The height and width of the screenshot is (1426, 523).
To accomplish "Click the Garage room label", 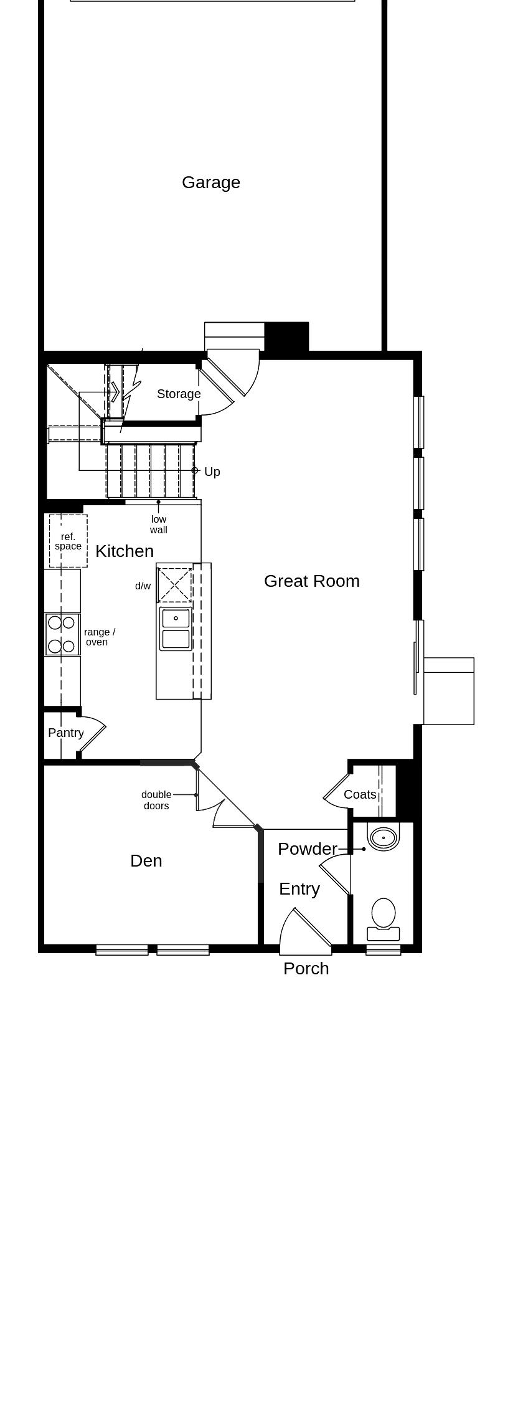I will (x=210, y=183).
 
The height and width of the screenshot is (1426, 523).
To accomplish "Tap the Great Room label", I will (x=311, y=581).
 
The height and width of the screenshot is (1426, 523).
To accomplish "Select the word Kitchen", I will (x=125, y=551).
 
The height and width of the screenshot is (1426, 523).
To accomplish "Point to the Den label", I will (x=146, y=861).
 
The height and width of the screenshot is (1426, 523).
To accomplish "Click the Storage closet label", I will (x=179, y=394).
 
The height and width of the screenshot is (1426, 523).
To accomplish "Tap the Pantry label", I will (x=66, y=733).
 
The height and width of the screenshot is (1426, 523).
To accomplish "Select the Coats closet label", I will (x=360, y=794).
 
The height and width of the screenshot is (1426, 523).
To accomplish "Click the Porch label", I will (x=306, y=969).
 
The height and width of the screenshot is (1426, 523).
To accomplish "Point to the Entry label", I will (x=299, y=889).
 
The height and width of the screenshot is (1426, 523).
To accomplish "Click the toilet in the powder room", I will (x=383, y=919).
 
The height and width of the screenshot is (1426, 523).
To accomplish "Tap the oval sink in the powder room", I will (x=383, y=838).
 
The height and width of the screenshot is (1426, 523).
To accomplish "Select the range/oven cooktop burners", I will (x=62, y=634).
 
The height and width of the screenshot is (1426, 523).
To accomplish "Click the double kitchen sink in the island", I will (x=176, y=629).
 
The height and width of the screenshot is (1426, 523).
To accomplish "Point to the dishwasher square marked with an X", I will (x=175, y=585).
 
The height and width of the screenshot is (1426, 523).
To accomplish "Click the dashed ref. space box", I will (x=68, y=541).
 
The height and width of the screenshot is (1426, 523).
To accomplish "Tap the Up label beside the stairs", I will (x=212, y=472).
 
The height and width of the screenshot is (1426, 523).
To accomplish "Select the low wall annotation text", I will (x=159, y=525).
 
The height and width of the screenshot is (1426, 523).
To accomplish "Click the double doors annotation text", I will (x=156, y=800).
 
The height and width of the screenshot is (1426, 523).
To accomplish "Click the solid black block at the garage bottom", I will (x=286, y=337).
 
